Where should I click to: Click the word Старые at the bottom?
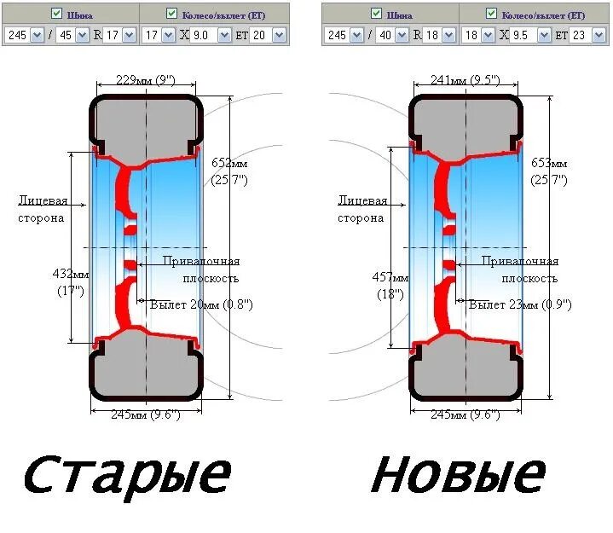[126, 474]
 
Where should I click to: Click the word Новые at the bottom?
[458, 474]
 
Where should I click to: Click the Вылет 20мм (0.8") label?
[200, 304]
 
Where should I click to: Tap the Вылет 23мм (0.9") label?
[520, 304]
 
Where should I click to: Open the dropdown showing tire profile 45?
[76, 35]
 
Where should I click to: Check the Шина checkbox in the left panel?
[57, 13]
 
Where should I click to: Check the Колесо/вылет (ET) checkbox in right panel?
[490, 13]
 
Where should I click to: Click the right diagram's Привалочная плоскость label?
[520, 269]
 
